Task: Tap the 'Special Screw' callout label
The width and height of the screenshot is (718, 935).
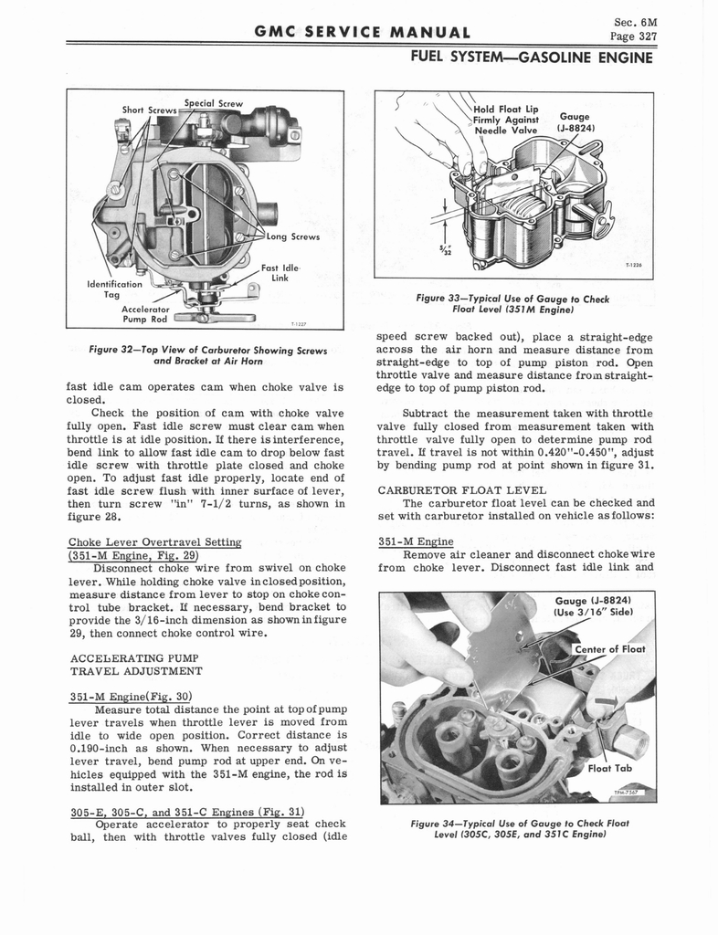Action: [x=213, y=103]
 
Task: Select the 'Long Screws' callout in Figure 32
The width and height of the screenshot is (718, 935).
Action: [x=291, y=237]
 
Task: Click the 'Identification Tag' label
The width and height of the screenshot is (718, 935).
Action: [x=112, y=289]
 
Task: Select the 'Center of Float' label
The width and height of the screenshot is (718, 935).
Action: [x=609, y=649]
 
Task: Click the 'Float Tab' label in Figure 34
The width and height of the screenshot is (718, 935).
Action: [x=610, y=768]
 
